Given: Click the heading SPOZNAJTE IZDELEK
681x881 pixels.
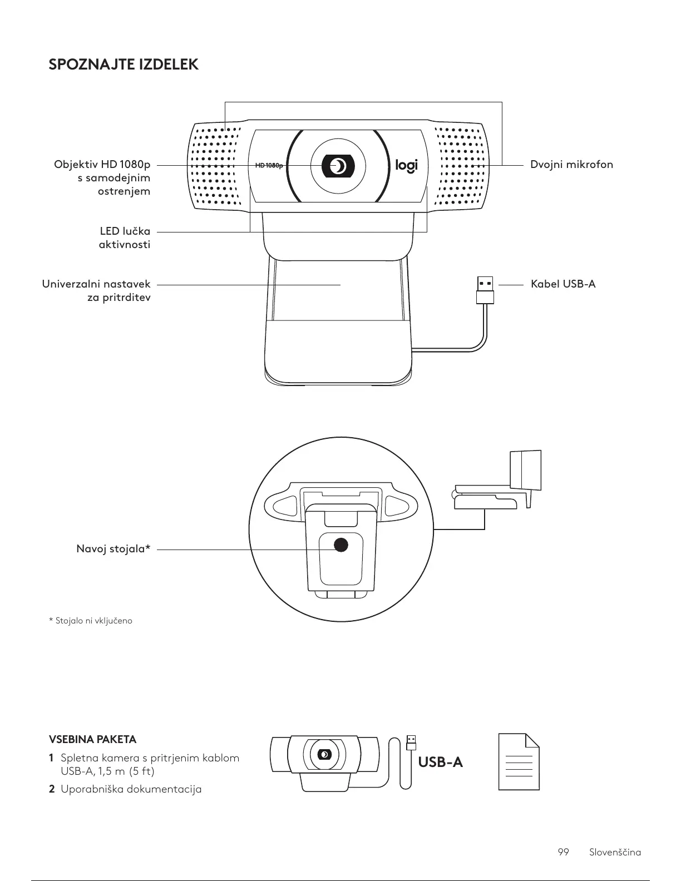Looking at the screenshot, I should pos(124,65).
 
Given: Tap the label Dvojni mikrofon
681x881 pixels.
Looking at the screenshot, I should pos(571,165).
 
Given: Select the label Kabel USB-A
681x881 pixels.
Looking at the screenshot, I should pos(562,284).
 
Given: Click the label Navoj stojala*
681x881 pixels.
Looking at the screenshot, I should pos(113,550).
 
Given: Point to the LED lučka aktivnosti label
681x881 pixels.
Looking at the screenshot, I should pos(125,237).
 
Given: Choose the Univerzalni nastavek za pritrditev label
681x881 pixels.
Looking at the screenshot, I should pos(96,291).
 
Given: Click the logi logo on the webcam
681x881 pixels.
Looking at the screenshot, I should pos(406,165).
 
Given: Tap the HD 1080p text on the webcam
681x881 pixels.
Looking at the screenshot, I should pos(269,166).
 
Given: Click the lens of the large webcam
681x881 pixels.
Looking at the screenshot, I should pos(338,165).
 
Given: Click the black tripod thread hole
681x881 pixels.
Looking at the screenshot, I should pos(340,545).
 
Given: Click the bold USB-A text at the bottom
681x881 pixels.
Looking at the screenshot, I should pos(440,761).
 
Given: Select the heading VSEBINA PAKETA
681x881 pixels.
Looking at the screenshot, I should pos(93,739).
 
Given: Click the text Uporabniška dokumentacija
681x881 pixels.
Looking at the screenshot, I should pos(131,789).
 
